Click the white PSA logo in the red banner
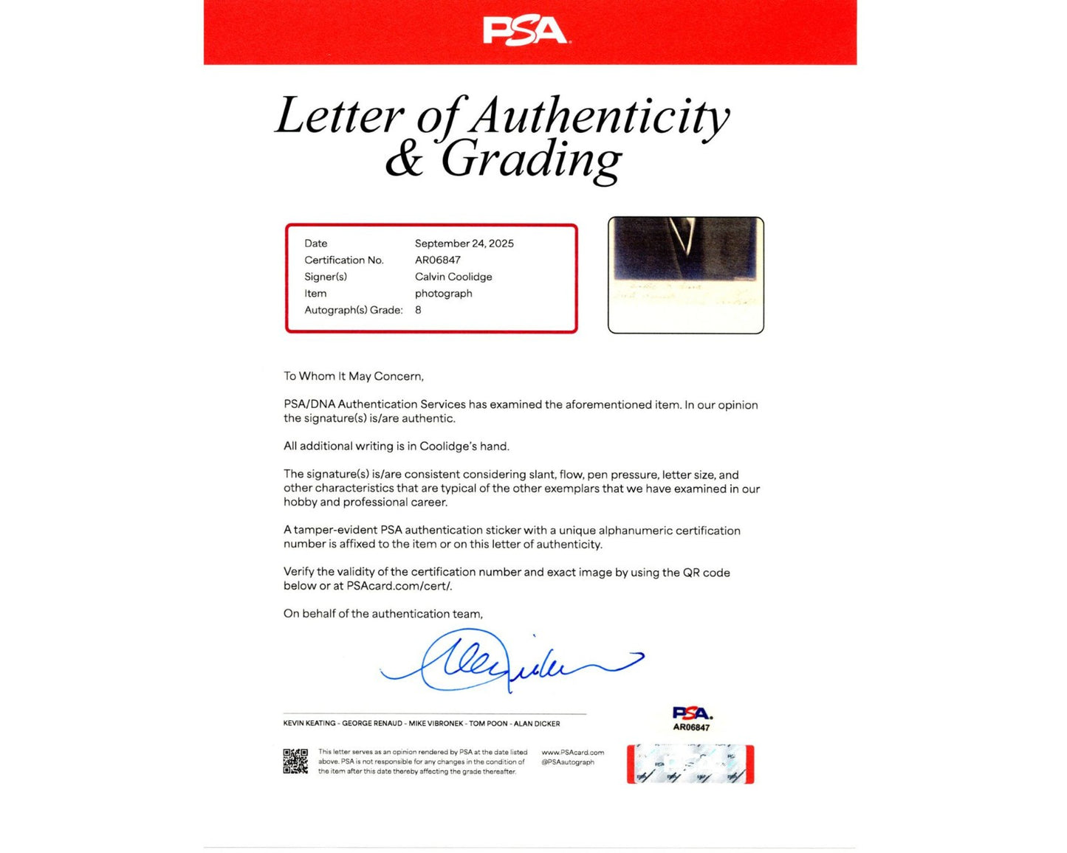tap(525, 32)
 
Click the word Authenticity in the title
tap(600, 116)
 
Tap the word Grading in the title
tap(532, 160)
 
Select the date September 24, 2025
tap(464, 244)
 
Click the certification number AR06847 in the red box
tap(437, 260)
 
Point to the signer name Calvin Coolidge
tap(453, 277)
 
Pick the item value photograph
tap(443, 294)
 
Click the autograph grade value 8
tap(418, 311)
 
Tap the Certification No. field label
tap(343, 260)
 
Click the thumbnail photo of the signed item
tap(685, 275)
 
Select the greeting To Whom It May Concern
tap(354, 376)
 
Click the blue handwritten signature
tap(510, 661)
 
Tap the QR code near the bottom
tap(295, 762)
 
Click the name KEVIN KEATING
tap(309, 724)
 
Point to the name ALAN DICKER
tap(537, 724)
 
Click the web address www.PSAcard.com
tap(572, 753)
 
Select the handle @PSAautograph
tap(568, 762)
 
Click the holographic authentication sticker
tap(690, 764)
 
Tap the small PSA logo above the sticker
tap(691, 713)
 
